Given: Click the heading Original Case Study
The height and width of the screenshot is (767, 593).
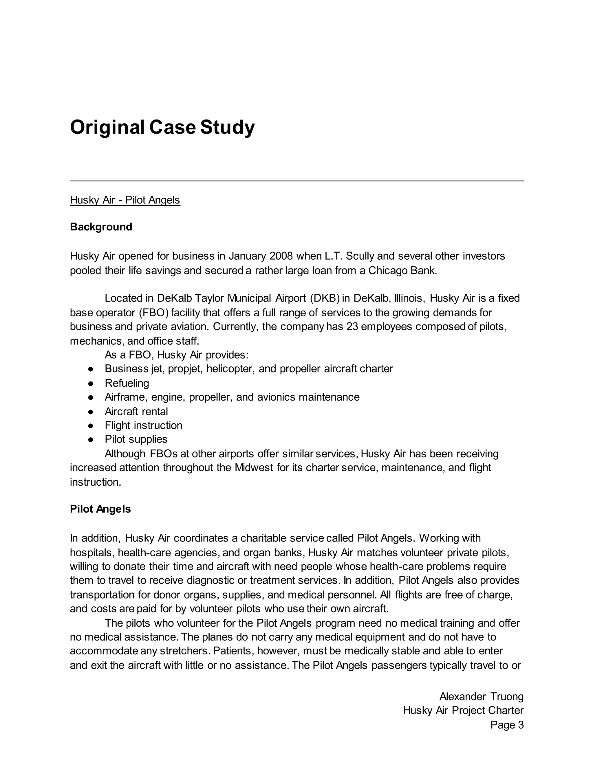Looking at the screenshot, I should click(162, 127).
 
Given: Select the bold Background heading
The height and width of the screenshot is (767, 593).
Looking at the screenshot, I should click(101, 227).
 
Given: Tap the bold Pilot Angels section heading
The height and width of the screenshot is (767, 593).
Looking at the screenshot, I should click(100, 509).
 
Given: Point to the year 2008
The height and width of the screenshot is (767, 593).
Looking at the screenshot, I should click(281, 256).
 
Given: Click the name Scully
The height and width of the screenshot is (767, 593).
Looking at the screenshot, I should click(360, 256).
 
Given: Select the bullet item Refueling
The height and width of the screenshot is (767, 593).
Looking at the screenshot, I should click(127, 383).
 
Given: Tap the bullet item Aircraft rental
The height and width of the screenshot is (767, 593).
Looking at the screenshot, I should click(136, 411).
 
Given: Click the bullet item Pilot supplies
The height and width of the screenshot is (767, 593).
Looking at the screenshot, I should click(136, 439).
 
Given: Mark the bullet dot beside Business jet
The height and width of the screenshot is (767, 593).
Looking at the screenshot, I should click(91, 369).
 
